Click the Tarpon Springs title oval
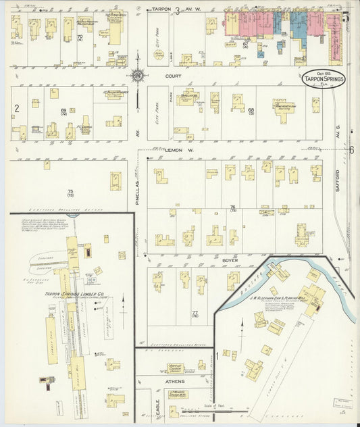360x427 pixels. pos(324,78)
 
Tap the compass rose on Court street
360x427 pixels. pos(137,76)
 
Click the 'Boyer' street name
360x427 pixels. pos(230,258)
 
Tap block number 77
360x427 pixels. pos(195,313)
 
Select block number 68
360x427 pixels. pos(251,110)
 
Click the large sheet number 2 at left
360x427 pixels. pos(16,107)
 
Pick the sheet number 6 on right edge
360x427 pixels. pos(351,149)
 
